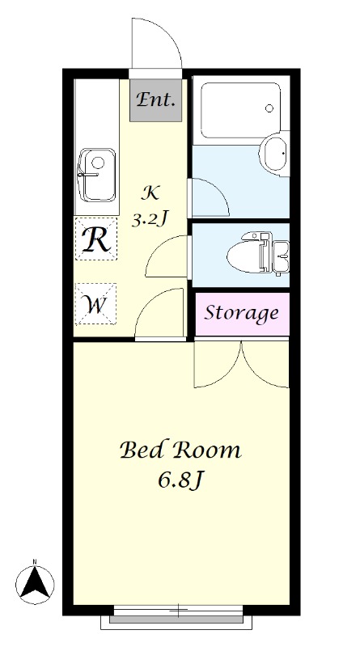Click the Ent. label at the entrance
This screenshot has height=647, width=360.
(155, 99)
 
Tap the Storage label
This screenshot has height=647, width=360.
(242, 313)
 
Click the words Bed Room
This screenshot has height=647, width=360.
(180, 450)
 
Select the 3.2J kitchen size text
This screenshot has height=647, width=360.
(149, 220)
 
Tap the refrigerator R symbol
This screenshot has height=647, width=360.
(95, 239)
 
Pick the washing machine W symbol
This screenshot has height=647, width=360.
(95, 305)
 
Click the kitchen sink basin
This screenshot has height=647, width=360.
(96, 175)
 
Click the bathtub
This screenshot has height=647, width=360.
(241, 110)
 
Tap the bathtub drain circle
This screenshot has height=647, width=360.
(269, 108)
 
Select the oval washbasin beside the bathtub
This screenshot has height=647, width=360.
(274, 154)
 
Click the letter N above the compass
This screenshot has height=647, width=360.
(35, 561)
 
